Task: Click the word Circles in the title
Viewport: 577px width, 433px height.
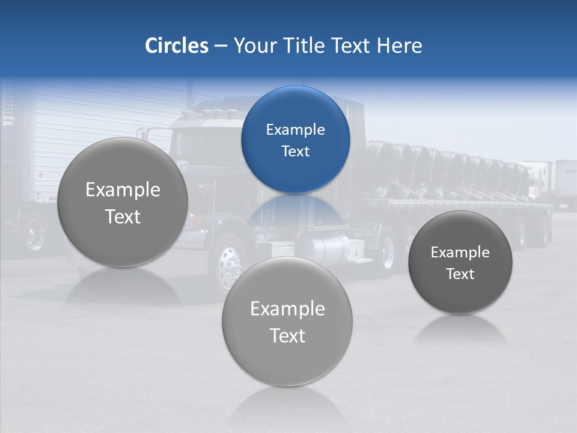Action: pos(176,46)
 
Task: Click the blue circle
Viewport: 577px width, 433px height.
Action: pos(295,140)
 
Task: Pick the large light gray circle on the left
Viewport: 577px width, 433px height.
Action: pos(123,203)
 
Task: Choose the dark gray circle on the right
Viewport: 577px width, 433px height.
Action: pos(460,262)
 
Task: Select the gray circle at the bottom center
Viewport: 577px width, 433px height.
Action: pos(287,322)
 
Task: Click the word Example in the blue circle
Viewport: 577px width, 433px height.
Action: pos(295,130)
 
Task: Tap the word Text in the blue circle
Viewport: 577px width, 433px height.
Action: pos(295,152)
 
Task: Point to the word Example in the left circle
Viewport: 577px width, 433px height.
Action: pos(123,190)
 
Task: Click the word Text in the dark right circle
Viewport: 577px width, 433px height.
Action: pos(460,274)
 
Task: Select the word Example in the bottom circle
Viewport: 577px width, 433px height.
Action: pos(287,309)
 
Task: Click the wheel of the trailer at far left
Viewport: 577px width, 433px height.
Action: pos(35,233)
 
